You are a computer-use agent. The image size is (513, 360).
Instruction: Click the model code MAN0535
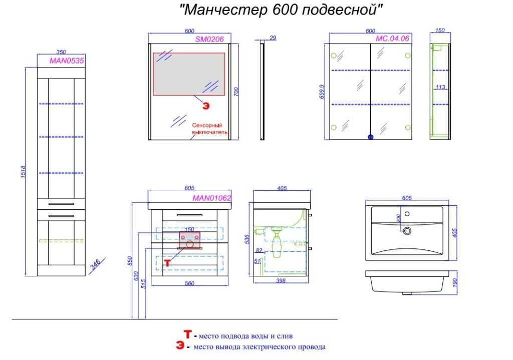click(67, 61)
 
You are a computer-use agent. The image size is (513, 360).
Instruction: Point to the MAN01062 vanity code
click(212, 198)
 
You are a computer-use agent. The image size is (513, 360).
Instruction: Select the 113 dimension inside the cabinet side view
click(440, 87)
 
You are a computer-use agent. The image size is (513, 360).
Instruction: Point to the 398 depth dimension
click(281, 281)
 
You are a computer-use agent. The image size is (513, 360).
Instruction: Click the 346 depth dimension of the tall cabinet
click(95, 264)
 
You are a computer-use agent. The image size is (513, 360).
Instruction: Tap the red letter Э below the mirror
click(205, 105)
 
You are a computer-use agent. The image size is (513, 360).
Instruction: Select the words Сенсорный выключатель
click(209, 129)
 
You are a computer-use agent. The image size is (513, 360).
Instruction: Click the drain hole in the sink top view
click(407, 231)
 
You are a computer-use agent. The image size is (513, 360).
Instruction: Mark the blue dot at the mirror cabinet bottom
click(371, 137)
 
